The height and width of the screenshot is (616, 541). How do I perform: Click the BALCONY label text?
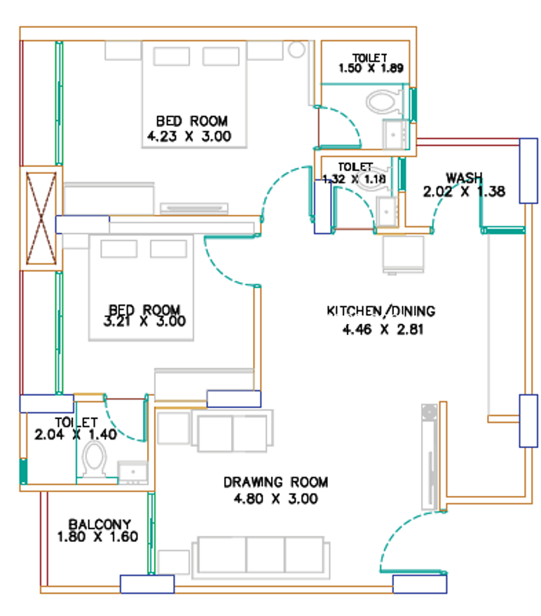pos(99,524)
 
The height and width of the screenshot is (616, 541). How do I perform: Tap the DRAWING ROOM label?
pos(276,482)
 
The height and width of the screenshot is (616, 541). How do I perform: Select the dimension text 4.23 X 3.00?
pos(189,136)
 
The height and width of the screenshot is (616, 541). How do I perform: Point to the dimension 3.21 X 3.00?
pos(145,322)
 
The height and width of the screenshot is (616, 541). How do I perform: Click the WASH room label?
pos(464,178)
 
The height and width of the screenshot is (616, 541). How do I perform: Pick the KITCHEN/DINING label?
pos(381,311)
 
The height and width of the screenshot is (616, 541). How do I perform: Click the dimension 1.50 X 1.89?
pos(371,69)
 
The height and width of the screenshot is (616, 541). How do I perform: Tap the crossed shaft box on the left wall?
pos(41,219)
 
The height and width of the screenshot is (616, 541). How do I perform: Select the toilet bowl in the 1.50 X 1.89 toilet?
pos(382,102)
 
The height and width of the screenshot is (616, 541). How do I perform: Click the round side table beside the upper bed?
pos(297,49)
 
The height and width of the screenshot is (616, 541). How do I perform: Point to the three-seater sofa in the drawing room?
pos(261,557)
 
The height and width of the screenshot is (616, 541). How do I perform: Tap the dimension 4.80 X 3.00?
pos(276,499)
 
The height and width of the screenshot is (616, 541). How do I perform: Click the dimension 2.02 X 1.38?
pos(463,192)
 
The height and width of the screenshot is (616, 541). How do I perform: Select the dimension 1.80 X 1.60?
pos(98,537)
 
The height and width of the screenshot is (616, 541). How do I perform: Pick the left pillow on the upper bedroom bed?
pos(172,56)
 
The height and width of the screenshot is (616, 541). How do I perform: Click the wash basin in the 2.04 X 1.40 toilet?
pos(132,471)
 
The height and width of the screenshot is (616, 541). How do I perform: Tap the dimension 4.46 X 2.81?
pos(382,330)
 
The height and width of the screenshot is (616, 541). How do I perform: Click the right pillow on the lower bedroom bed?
pos(169,249)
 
